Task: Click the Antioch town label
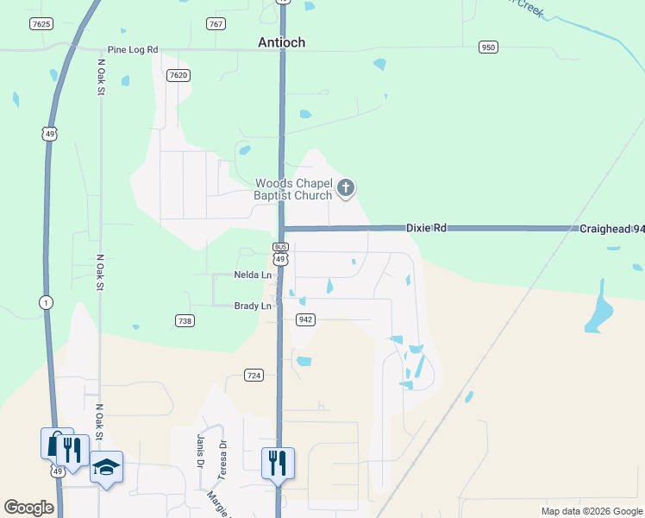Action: [x=282, y=42]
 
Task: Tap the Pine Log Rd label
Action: [x=133, y=50]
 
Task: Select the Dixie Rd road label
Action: [x=427, y=228]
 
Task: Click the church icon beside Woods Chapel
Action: [x=346, y=188]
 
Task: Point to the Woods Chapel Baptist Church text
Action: [x=293, y=189]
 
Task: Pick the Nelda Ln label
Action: [x=253, y=275]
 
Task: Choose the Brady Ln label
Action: [x=254, y=306]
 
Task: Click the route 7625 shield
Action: [x=41, y=23]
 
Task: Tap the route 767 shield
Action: [x=216, y=23]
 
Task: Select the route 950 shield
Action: [x=489, y=47]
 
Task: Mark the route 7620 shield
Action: [x=178, y=75]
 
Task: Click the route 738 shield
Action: [x=184, y=320]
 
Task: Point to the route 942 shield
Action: [x=304, y=319]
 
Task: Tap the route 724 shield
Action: [x=254, y=375]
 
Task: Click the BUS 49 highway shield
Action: [x=281, y=255]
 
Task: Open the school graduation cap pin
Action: [x=107, y=467]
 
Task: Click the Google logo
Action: [x=28, y=507]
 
